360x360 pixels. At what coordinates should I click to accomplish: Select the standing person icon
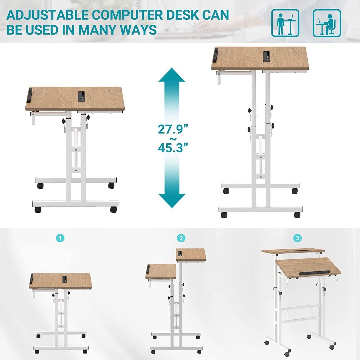285,23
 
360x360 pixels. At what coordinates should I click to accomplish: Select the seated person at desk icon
327,23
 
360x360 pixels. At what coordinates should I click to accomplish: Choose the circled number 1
60,238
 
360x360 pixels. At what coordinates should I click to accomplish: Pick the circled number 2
181,238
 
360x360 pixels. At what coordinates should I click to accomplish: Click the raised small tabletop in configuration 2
191,255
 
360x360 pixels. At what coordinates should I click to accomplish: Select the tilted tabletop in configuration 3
307,268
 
